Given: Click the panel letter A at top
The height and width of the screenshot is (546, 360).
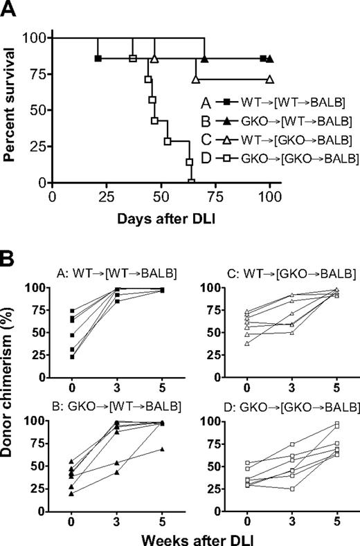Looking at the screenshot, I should [8, 8].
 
